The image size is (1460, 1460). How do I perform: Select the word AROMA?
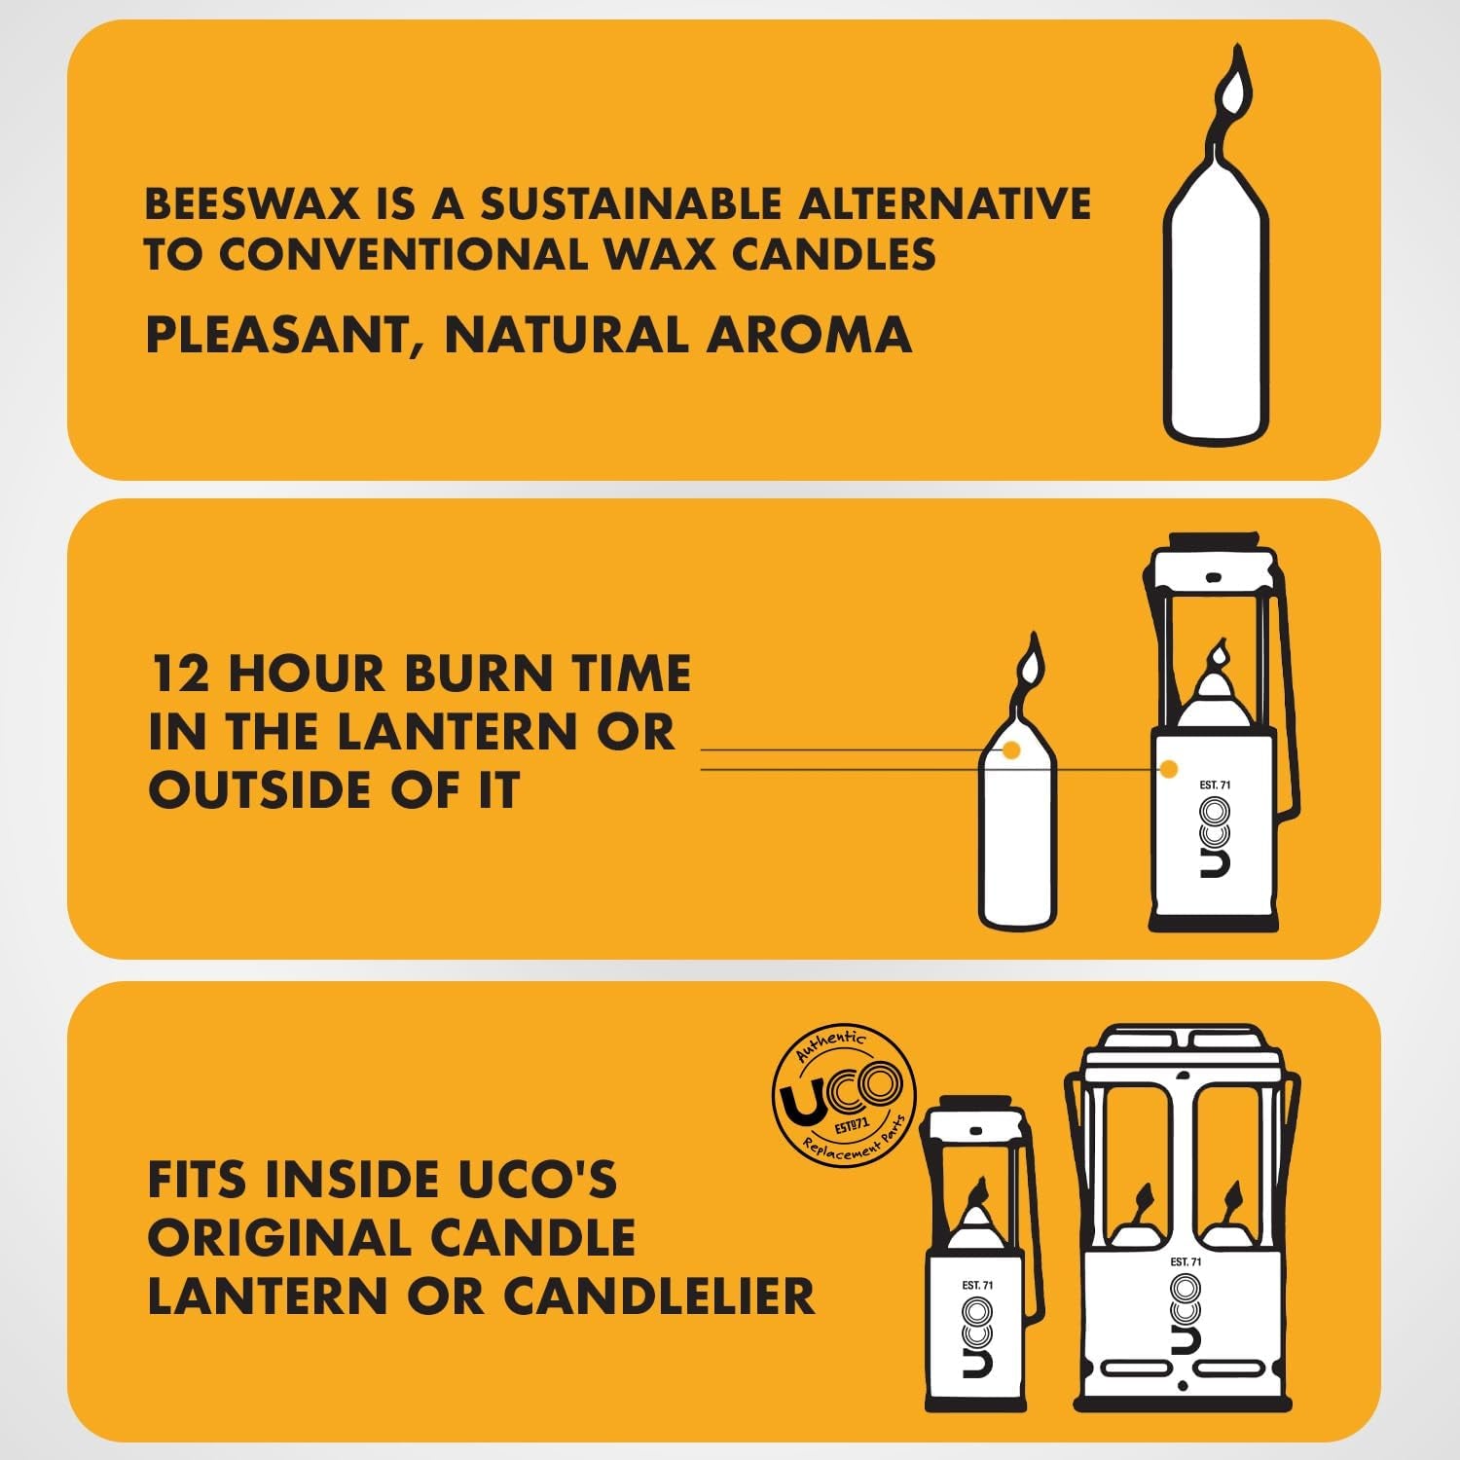809,335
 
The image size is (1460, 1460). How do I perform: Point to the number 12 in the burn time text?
180,674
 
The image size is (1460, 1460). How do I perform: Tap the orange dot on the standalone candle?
1011,749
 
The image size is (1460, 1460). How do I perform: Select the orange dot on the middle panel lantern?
1169,769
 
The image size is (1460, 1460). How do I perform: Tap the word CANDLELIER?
658,1296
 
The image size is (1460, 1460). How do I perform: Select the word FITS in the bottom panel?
199,1180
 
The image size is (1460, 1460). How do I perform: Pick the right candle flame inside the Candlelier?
1232,1195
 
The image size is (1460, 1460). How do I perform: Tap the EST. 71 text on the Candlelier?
1186,1261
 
